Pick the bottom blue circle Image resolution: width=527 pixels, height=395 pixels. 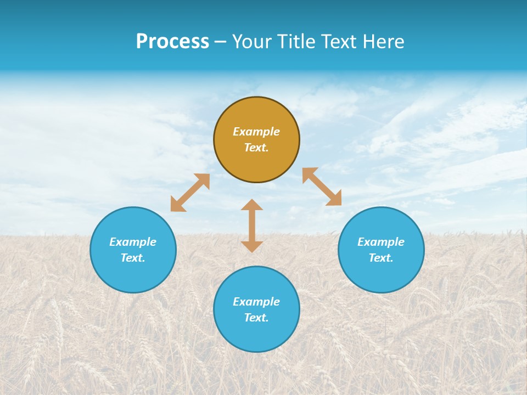coord(256,335)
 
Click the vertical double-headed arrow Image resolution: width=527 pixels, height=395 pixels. coord(252,225)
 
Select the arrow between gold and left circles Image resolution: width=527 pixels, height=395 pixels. coord(190,193)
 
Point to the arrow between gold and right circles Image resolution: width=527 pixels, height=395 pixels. coord(322,187)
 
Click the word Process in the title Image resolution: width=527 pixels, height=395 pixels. coord(172,42)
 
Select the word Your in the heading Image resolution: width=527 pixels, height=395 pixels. coord(252,42)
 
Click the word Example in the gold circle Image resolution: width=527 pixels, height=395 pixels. coord(256,132)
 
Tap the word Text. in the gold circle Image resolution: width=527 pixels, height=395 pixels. coord(256,148)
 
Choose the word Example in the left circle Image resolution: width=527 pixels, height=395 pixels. coord(133,242)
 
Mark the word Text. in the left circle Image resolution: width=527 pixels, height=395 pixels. coord(133,258)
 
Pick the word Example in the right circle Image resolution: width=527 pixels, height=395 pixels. coord(381,242)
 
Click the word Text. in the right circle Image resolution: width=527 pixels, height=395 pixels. coord(381,258)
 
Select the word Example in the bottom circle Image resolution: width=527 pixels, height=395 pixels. coord(256,302)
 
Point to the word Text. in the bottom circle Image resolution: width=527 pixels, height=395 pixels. coord(256,318)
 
